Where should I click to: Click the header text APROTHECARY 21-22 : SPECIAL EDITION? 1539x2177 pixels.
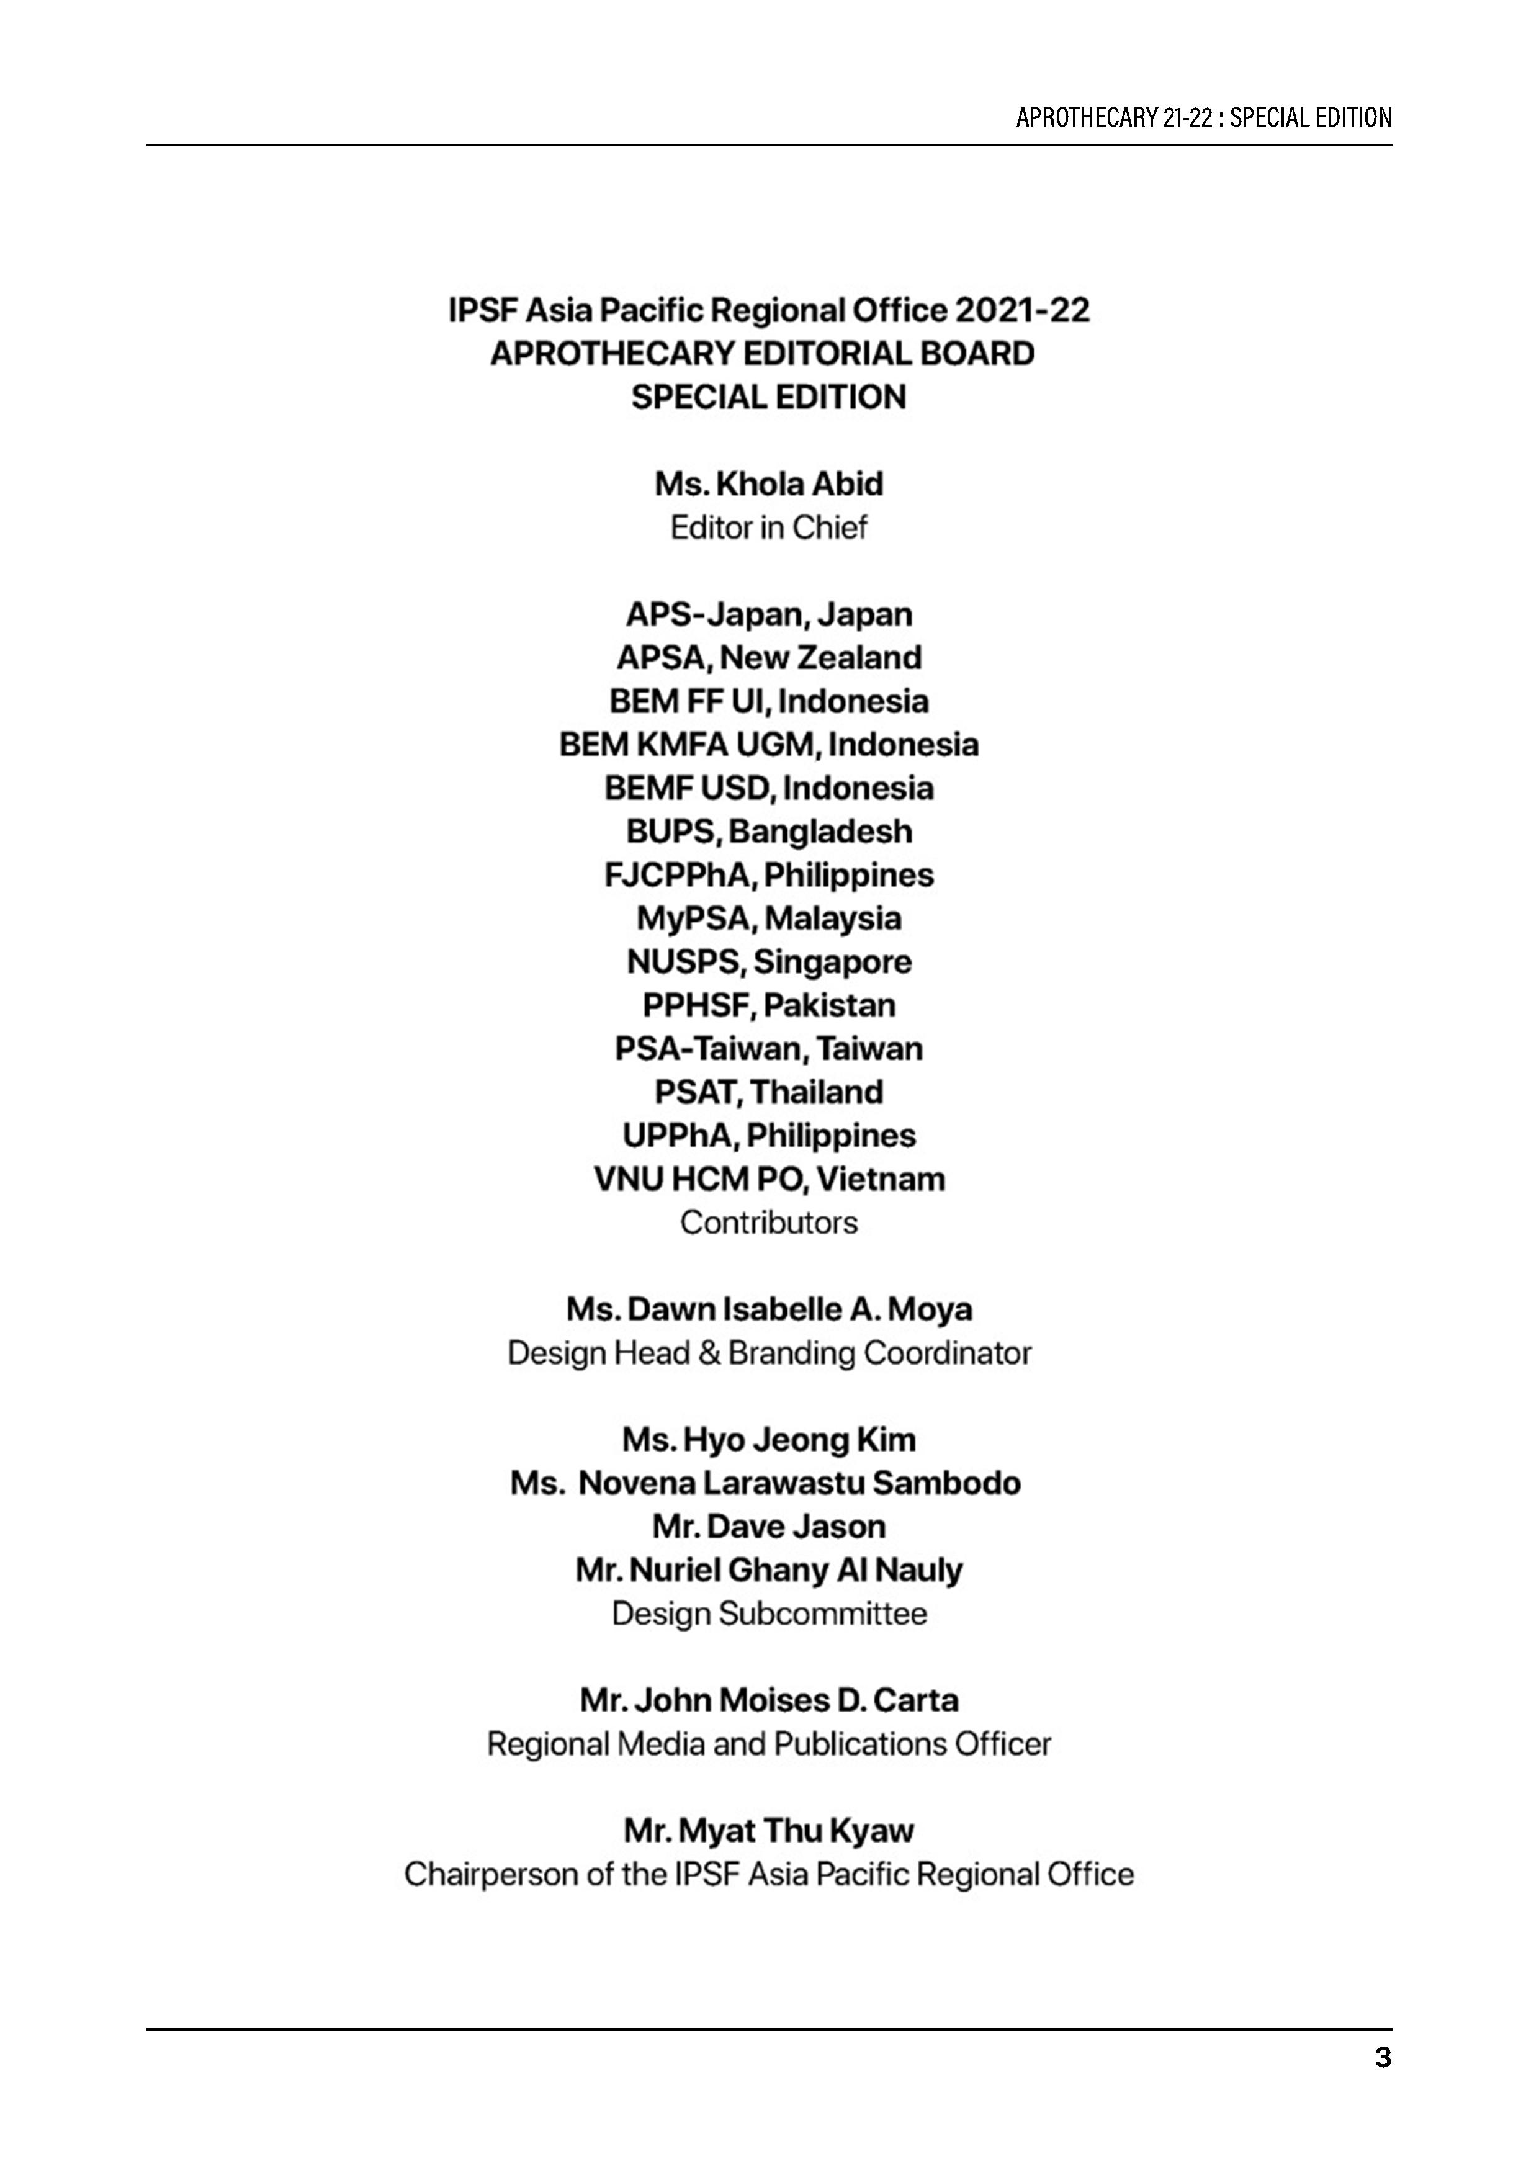pyautogui.click(x=1203, y=117)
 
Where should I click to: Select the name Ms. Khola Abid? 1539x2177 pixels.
pyautogui.click(x=768, y=485)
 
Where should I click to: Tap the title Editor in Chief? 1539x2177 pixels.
pyautogui.click(x=768, y=528)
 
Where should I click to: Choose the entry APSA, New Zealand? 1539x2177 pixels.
pyautogui.click(x=768, y=658)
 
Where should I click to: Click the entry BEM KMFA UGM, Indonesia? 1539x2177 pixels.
pyautogui.click(x=768, y=745)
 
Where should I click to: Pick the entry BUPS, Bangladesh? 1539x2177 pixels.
pyautogui.click(x=768, y=832)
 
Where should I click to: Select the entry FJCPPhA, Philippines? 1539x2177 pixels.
pyautogui.click(x=768, y=875)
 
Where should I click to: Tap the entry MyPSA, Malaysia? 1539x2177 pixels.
pyautogui.click(x=768, y=919)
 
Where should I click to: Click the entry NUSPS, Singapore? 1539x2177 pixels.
pyautogui.click(x=768, y=963)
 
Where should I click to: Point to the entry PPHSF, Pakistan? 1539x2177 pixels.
pyautogui.click(x=768, y=1005)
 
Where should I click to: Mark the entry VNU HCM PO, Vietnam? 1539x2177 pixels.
pyautogui.click(x=768, y=1180)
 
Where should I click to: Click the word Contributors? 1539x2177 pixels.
pyautogui.click(x=768, y=1223)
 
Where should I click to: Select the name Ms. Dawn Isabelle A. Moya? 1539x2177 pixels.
pyautogui.click(x=768, y=1309)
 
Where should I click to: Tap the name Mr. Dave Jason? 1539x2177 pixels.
pyautogui.click(x=768, y=1527)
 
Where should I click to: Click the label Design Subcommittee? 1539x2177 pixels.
pyautogui.click(x=768, y=1614)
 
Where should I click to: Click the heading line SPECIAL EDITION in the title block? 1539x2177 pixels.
pyautogui.click(x=768, y=397)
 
